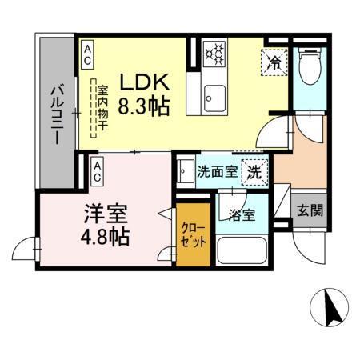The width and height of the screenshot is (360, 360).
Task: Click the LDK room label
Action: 144,82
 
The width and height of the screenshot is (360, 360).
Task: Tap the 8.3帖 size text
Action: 145,106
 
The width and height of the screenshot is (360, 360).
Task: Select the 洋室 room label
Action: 106,214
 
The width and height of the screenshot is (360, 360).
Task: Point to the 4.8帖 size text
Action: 106,237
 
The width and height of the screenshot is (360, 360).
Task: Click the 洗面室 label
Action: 215,170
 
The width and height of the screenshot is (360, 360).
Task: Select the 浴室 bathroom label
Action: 241,214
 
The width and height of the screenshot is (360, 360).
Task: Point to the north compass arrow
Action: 328,306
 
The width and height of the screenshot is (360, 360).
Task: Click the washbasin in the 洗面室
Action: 185,170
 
